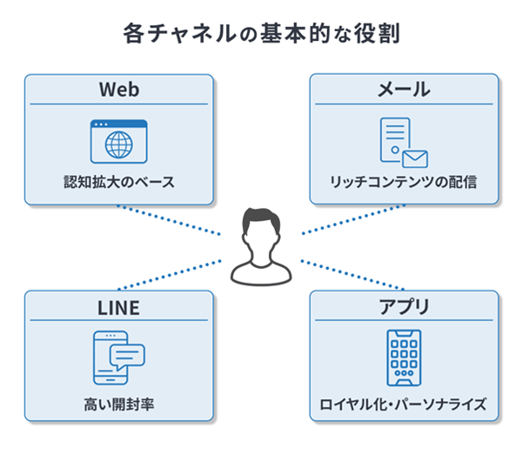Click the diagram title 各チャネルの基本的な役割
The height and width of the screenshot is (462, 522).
(x=261, y=36)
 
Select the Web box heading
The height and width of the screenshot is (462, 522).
(x=119, y=90)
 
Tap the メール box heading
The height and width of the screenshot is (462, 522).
(x=405, y=90)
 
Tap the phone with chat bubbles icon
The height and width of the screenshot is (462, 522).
(x=119, y=357)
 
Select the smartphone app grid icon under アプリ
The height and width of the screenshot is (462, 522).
(x=404, y=358)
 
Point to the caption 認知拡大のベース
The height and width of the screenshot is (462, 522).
(x=119, y=184)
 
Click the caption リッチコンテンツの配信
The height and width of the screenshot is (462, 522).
(x=404, y=184)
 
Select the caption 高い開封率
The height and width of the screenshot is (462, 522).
(x=119, y=404)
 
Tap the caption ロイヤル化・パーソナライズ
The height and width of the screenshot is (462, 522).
(x=404, y=404)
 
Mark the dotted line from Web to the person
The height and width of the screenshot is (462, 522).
(x=170, y=219)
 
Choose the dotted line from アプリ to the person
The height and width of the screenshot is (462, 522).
(x=352, y=274)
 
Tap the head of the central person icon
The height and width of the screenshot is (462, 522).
(x=260, y=227)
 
